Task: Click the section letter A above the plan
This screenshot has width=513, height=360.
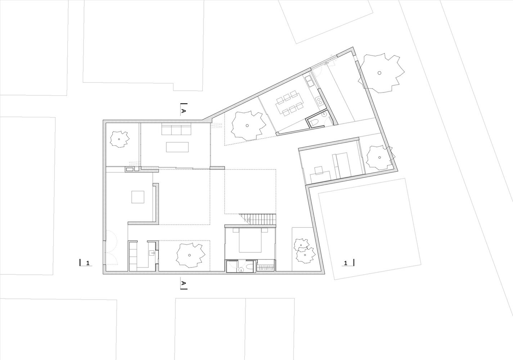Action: coord(184,111)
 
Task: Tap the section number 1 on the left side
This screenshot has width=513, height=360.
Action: coord(88,263)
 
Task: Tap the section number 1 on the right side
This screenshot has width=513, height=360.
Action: coord(346,263)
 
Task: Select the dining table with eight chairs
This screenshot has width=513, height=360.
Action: coord(290,103)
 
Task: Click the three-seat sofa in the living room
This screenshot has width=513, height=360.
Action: coord(176,129)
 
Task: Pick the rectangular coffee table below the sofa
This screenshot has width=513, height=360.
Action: coord(177,147)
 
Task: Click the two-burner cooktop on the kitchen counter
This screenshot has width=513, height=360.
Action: coord(319,101)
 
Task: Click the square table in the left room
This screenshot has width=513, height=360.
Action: coord(138,197)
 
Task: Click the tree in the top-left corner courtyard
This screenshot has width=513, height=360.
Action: coord(119,139)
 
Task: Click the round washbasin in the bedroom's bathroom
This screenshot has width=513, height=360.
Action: coord(241,270)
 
